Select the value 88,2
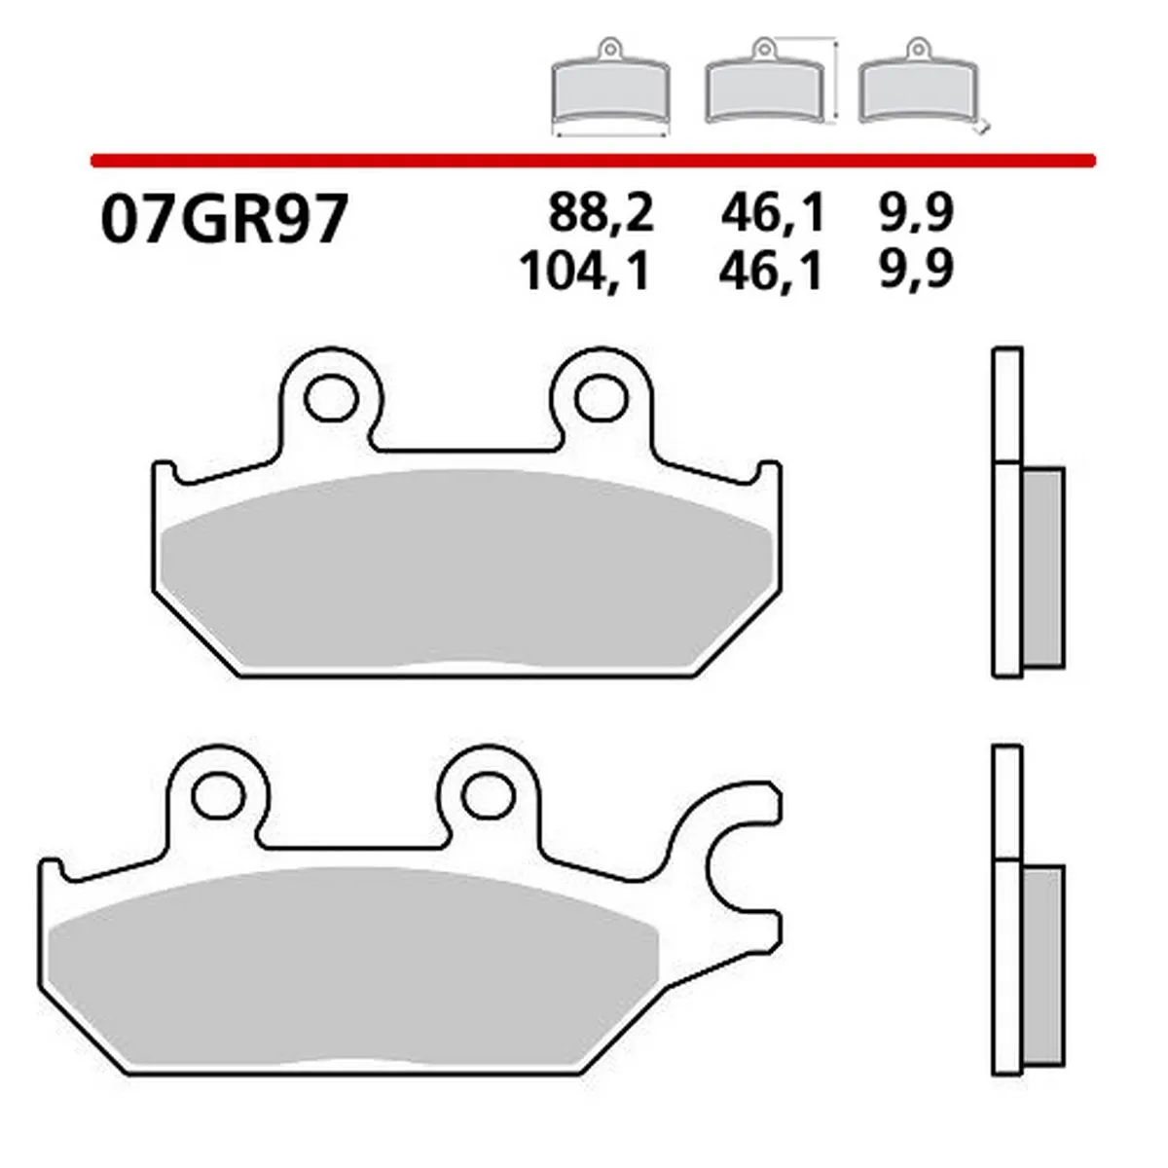pos(601,213)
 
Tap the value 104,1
pos(585,271)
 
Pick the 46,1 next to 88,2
pos(773,213)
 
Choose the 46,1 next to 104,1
pos(773,271)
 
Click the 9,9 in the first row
pos(914,213)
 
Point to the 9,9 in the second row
pos(914,271)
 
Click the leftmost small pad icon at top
pos(609,88)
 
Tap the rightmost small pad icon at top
pos(916,88)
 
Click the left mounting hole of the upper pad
pos(331,398)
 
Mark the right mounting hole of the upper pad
pos(601,398)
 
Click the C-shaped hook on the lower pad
pos(725,857)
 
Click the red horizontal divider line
pos(594,159)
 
